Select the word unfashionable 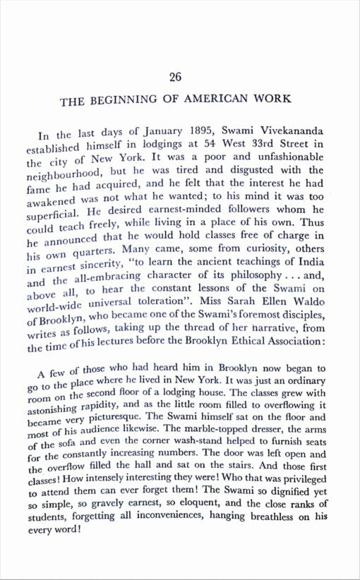point(287,157)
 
